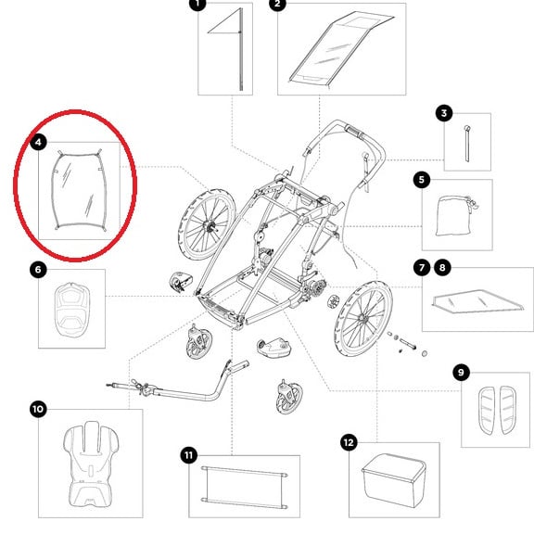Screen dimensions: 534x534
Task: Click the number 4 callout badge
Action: pos(38,142)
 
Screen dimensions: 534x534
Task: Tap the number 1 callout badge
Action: pos(197,4)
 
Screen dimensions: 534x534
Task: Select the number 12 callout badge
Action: pos(349,442)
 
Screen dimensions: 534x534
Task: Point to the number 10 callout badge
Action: pos(38,409)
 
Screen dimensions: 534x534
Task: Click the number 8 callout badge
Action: pos(442,267)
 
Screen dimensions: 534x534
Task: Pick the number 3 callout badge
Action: pos(444,113)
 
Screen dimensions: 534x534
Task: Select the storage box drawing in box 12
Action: pos(394,480)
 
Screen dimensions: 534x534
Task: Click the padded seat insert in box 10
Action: pos(91,464)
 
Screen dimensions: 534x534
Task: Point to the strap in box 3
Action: pos(467,144)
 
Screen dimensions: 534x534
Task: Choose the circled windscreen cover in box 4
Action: pos(79,191)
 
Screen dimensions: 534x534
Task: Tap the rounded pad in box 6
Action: pos(72,310)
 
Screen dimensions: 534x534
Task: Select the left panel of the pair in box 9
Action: pos(487,411)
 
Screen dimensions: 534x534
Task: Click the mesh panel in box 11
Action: pos(244,488)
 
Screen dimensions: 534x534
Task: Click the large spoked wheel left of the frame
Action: pos(207,224)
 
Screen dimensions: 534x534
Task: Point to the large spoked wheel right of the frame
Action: pos(363,318)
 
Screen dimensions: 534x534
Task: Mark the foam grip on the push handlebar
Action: pos(354,132)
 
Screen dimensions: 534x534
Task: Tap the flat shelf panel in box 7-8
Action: pos(477,300)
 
